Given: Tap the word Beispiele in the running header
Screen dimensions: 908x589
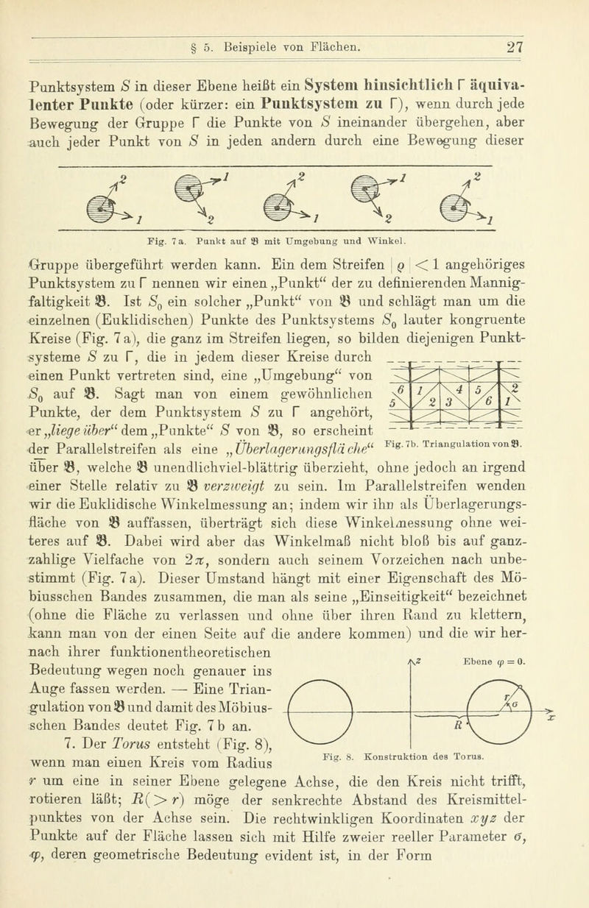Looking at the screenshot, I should tap(269, 16).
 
